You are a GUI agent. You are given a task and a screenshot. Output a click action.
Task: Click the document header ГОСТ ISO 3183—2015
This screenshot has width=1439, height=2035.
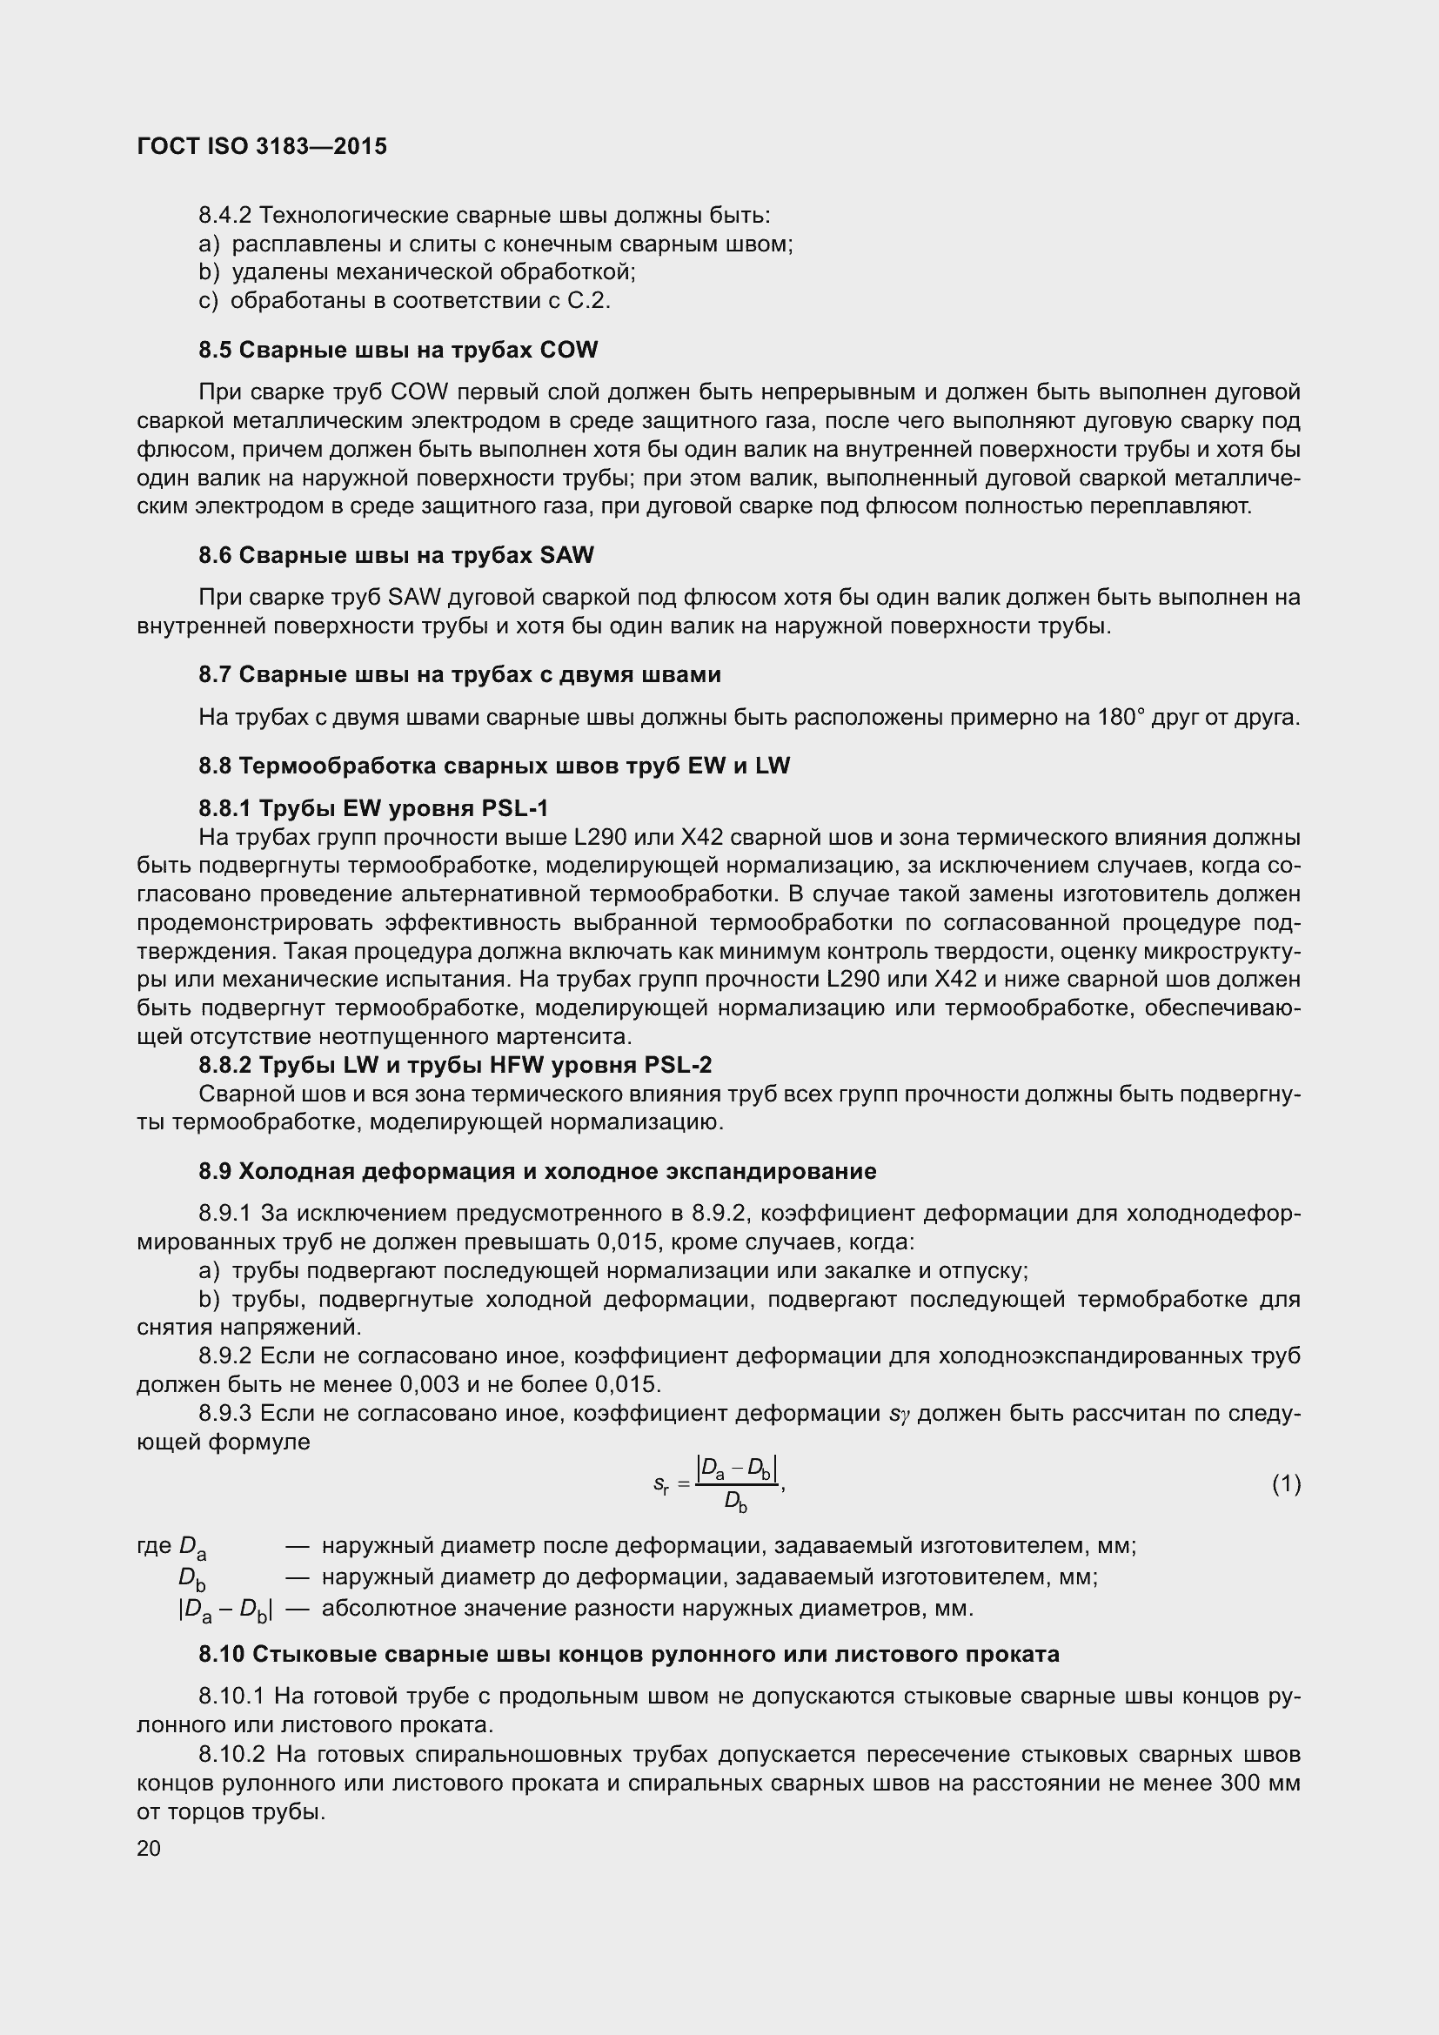(262, 146)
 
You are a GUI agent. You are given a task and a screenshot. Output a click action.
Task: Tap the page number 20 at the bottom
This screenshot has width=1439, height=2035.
(149, 1848)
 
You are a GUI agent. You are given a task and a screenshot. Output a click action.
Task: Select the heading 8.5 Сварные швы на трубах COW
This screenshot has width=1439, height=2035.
(398, 350)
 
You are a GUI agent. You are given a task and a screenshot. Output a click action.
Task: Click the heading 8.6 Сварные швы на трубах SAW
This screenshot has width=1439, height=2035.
(396, 556)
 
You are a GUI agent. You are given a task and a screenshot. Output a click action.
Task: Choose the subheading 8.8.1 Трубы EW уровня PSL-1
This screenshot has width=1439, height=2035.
(373, 808)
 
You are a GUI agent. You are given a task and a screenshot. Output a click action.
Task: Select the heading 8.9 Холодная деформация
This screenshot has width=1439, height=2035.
(537, 1172)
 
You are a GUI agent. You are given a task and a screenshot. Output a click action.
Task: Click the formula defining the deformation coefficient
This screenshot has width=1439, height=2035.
(719, 1483)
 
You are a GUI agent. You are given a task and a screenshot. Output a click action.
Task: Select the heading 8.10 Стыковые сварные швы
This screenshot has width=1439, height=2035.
(628, 1654)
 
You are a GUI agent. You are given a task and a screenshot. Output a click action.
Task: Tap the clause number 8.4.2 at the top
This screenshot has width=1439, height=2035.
(225, 216)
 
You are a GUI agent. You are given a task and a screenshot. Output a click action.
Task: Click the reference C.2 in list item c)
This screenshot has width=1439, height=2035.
(587, 301)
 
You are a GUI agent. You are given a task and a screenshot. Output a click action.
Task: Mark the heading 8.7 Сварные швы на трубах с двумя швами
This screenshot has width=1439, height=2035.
(459, 674)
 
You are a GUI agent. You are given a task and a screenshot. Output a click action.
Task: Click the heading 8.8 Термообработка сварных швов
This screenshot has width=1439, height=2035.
(493, 766)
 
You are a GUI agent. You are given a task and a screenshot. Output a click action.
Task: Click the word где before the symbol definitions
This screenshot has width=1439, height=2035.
(154, 1546)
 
